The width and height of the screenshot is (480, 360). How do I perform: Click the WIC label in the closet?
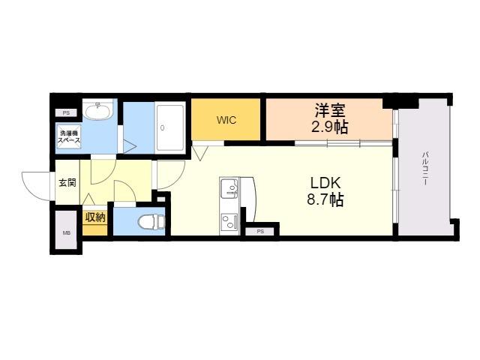pos(226,120)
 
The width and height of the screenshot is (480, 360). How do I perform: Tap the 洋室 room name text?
pos(330,110)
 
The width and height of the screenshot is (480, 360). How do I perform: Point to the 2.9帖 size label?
pos(330,127)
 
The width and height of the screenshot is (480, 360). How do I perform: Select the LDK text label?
pos(325,183)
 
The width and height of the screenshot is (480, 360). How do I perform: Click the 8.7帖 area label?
pos(325,199)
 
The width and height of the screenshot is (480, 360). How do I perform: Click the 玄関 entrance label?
pos(67,183)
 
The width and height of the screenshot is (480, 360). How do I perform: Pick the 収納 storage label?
pos(95,217)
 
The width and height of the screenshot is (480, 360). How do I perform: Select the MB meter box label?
pos(67,233)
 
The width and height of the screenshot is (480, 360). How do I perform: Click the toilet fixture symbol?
pos(151,221)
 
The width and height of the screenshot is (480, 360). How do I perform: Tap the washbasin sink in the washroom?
pos(98,111)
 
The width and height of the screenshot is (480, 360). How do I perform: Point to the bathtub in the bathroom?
pos(170,127)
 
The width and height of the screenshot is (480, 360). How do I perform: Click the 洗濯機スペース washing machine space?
pos(69,137)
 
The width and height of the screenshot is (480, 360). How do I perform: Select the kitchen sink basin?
pos(229,187)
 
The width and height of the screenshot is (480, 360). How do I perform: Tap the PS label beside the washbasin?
pos(66,113)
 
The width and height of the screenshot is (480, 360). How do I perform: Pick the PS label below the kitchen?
pos(260,232)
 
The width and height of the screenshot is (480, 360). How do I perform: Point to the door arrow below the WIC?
pos(200,153)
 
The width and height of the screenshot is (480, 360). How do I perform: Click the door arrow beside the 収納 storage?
pos(88,199)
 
